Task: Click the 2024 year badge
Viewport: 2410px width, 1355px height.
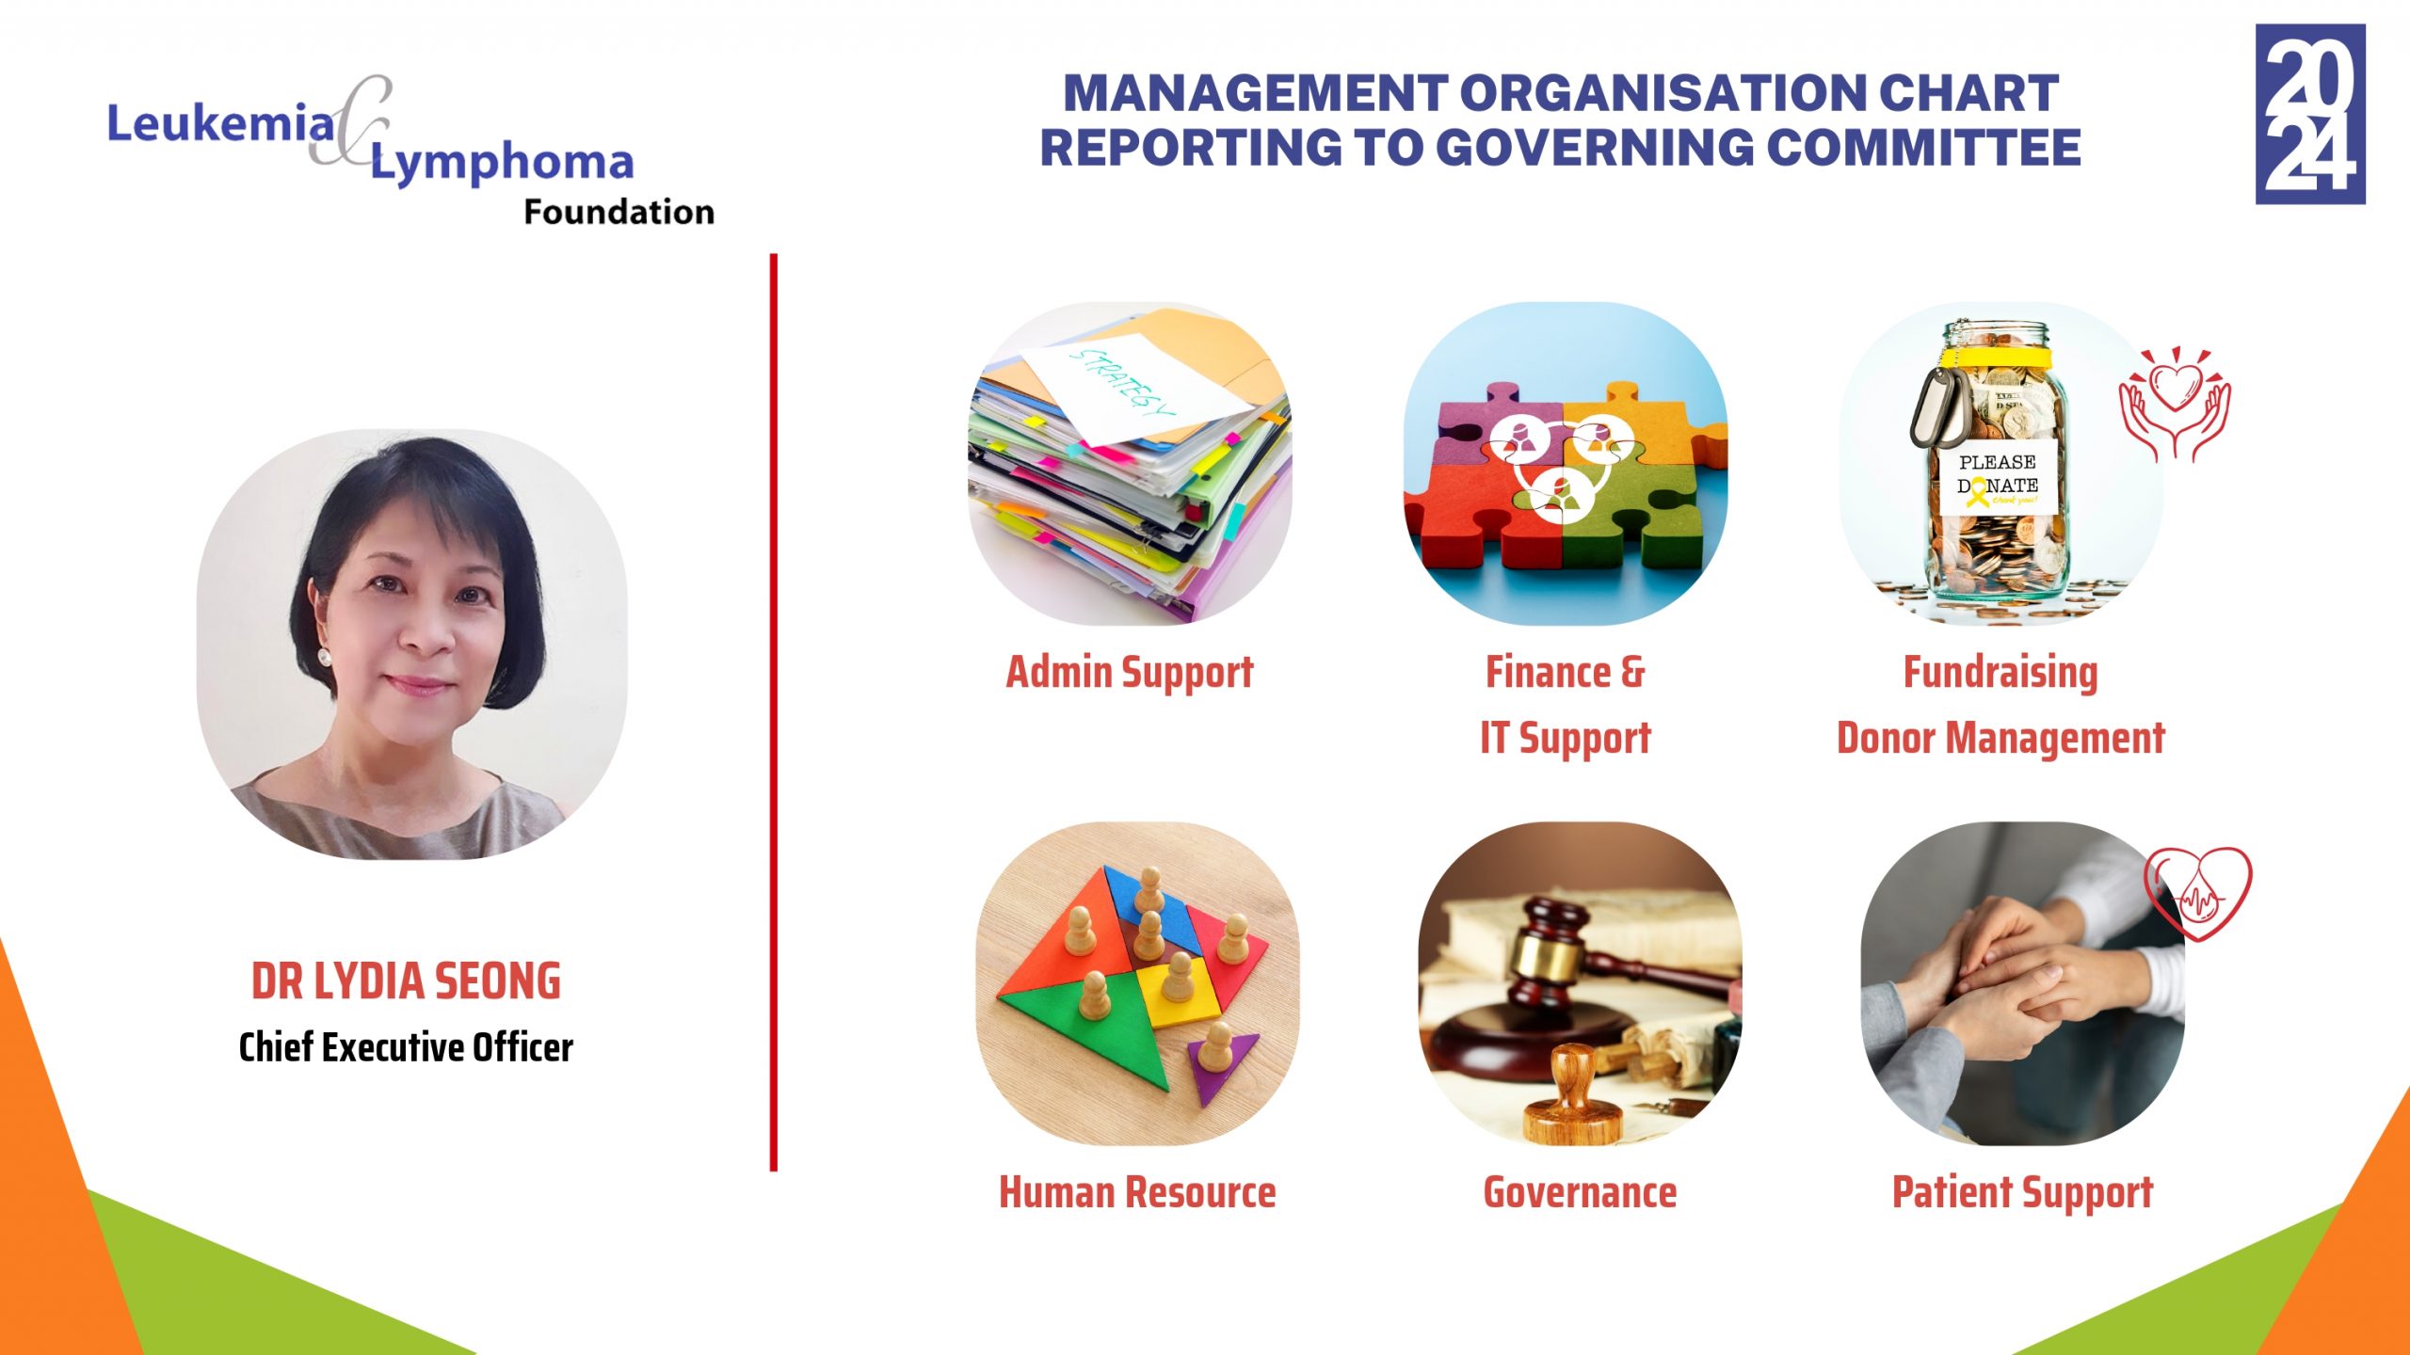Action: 2310,114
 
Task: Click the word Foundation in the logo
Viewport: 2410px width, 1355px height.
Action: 619,212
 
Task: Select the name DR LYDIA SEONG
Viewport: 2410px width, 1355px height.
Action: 406,981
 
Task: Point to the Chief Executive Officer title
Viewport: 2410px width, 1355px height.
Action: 406,1047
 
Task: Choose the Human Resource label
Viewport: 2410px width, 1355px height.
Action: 1137,1192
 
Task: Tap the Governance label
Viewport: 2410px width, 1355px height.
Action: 1580,1192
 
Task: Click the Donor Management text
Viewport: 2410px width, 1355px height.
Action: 2000,739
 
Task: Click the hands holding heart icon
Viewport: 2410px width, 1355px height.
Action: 2175,405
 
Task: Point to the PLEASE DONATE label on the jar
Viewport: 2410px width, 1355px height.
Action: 1998,476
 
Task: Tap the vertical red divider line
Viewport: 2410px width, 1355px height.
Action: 773,712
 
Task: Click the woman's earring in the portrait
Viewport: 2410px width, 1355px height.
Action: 325,657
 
